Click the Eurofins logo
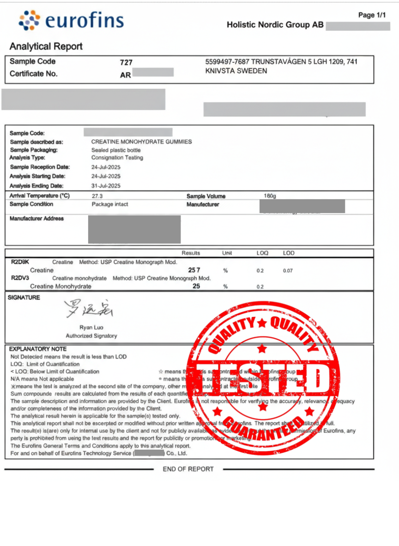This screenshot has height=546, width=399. tap(72, 21)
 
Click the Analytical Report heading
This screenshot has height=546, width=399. tap(46, 47)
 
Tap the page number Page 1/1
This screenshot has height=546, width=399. tap(372, 15)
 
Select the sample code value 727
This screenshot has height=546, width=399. tap(126, 62)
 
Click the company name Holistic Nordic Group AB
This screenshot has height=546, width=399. tap(275, 25)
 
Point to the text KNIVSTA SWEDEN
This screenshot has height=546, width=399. tap(236, 71)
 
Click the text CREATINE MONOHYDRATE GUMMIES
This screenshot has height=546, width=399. tap(141, 142)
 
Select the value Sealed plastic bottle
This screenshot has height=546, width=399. tap(116, 150)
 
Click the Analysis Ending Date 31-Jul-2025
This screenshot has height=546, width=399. tap(106, 186)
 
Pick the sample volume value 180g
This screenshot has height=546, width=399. tap(269, 196)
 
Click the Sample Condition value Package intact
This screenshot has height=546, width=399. tap(110, 204)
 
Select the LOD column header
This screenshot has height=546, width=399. tap(288, 253)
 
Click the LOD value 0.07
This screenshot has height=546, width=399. tap(288, 271)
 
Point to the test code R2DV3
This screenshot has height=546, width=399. tap(20, 278)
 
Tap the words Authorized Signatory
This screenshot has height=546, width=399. tap(91, 336)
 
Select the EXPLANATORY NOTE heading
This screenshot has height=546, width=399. tap(38, 349)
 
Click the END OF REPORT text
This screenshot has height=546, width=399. tap(188, 469)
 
